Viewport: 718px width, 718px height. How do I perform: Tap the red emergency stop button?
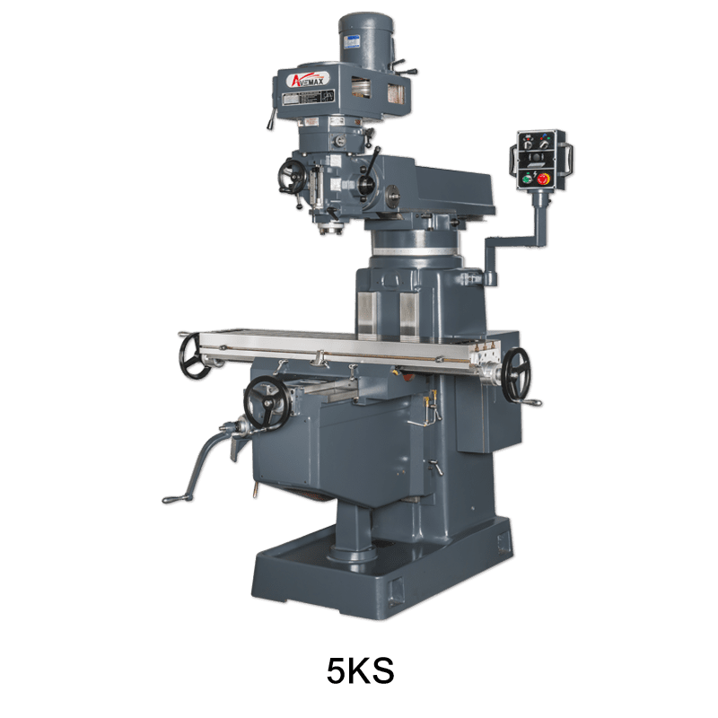coord(544,178)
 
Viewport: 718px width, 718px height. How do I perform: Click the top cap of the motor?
coord(367,18)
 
